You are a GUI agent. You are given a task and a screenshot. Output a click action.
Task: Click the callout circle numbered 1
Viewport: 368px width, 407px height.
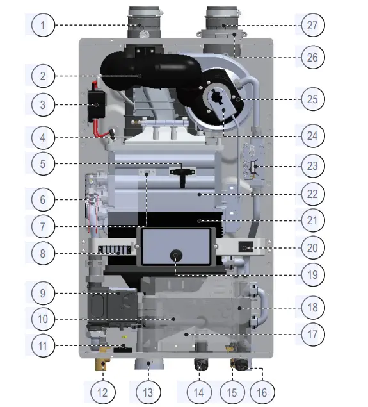coord(43,26)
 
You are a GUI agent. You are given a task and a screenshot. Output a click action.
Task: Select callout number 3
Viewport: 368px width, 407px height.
coord(43,105)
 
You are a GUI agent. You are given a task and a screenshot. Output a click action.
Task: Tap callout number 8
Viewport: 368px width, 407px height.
coord(43,253)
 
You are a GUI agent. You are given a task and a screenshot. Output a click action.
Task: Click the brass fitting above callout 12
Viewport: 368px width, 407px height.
coord(101,367)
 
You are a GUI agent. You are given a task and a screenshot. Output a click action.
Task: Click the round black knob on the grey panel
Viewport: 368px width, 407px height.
coord(175,254)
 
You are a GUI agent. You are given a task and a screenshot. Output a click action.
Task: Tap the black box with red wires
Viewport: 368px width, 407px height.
coord(98,103)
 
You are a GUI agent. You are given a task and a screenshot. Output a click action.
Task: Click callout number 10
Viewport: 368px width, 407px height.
coord(43,317)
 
